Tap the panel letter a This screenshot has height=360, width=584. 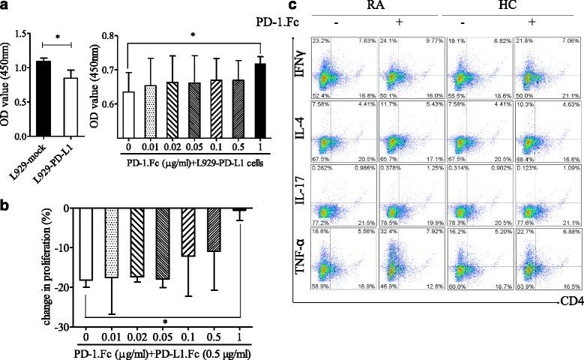(5, 7)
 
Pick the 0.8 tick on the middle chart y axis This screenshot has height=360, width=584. (107, 36)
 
